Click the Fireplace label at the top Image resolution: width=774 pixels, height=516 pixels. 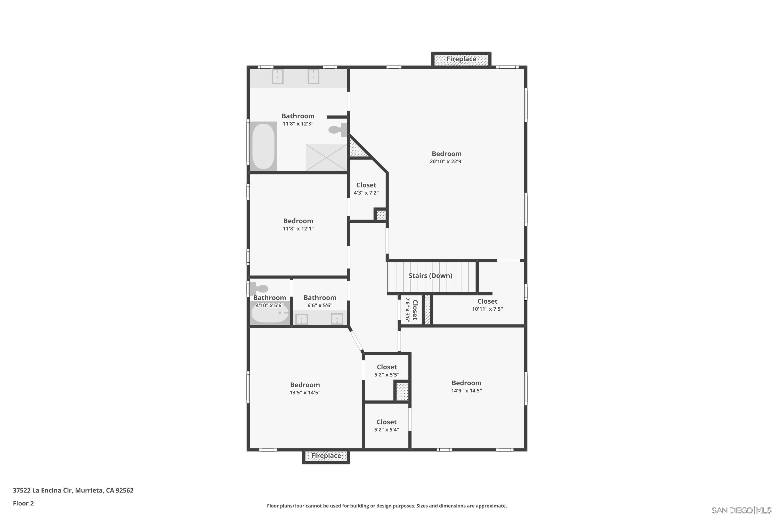click(461, 59)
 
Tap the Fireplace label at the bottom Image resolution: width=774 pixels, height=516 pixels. click(326, 456)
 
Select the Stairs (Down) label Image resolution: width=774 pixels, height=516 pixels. click(430, 276)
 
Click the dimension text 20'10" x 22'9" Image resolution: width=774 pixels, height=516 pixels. click(447, 162)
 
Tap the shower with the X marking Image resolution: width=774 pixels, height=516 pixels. click(326, 158)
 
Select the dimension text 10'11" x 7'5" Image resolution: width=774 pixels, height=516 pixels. click(487, 309)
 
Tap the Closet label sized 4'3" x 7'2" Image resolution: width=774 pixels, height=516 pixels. click(366, 185)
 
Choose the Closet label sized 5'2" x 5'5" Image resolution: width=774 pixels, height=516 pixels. click(387, 367)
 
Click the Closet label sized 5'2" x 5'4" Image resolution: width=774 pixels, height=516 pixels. click(387, 422)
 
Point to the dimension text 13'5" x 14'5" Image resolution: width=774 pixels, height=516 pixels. click(305, 393)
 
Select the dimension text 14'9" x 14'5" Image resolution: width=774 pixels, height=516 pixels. click(467, 391)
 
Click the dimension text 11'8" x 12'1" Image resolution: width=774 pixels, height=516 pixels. click(299, 229)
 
